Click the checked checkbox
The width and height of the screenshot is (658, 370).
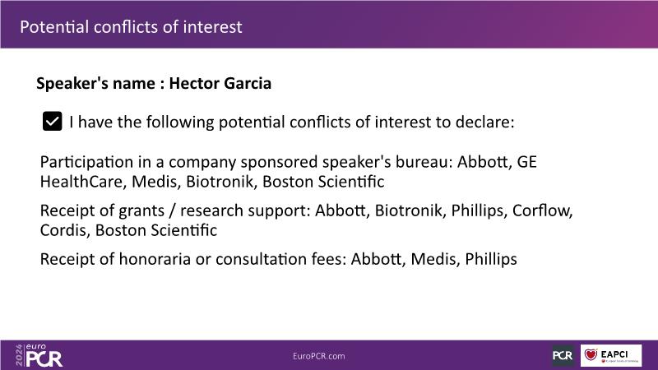[x=52, y=121]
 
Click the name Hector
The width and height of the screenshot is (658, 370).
[x=194, y=83]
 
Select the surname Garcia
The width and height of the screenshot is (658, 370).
[x=248, y=83]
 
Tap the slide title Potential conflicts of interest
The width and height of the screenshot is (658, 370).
[x=131, y=27]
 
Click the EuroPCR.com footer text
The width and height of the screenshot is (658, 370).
[x=319, y=356]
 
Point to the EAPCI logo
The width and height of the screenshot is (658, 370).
[x=611, y=355]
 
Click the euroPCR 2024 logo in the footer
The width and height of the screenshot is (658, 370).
[x=39, y=355]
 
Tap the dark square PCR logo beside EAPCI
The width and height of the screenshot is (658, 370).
[x=563, y=355]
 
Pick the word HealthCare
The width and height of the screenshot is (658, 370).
[x=83, y=182]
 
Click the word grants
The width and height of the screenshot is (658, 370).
[x=141, y=211]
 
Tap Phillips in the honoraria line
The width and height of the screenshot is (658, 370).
[x=491, y=259]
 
